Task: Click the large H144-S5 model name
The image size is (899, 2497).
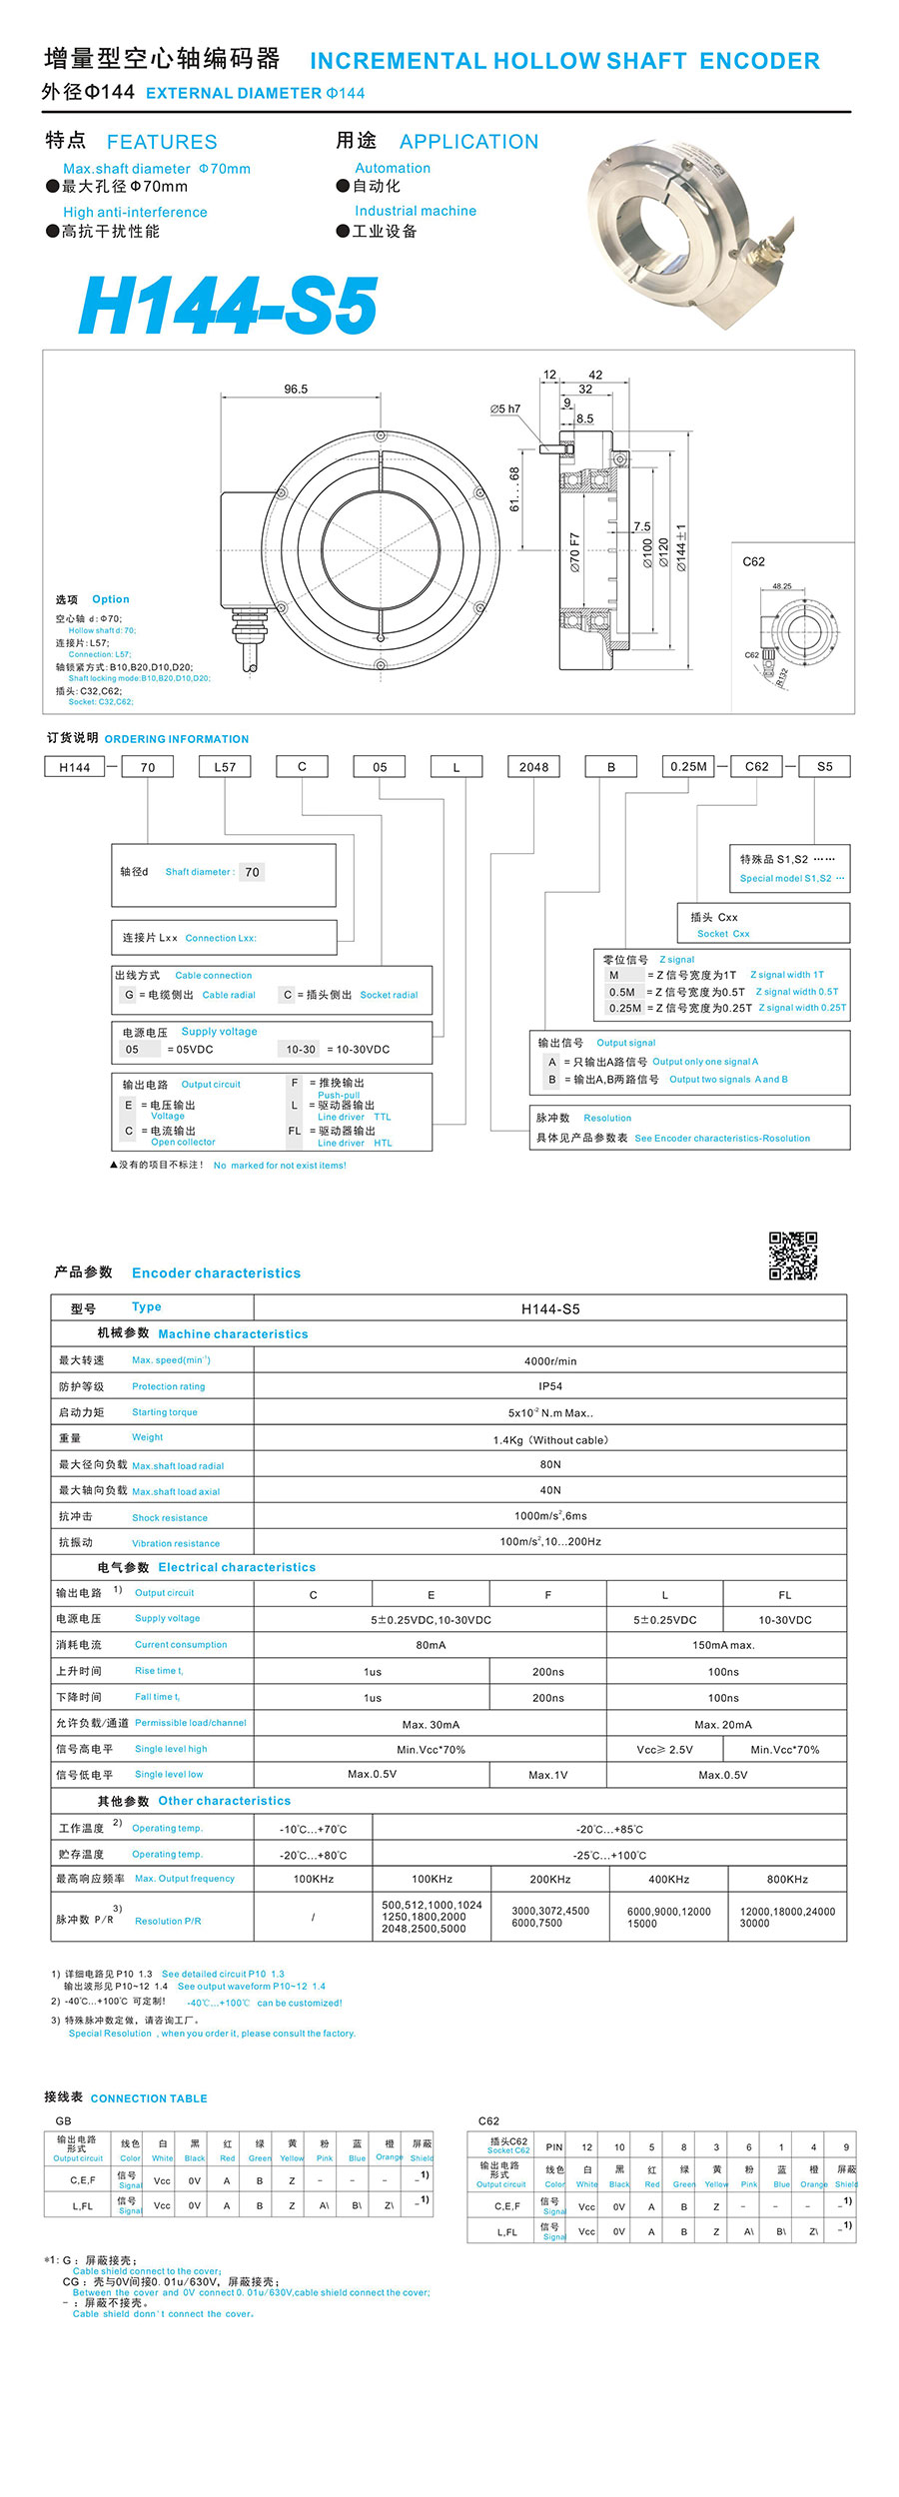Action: coord(228,306)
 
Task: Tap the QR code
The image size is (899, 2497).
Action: coord(793,1255)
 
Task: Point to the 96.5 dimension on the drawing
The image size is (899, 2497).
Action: coord(296,389)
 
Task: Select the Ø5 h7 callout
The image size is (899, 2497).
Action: coord(505,409)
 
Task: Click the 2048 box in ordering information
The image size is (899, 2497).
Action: coord(533,767)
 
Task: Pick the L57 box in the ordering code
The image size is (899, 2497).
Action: coord(225,767)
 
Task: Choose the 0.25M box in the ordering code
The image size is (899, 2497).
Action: coord(688,767)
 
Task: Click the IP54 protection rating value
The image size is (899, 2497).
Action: coord(550,1386)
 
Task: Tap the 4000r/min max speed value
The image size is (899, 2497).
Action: coord(550,1360)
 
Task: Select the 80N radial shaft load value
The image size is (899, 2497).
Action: coord(550,1464)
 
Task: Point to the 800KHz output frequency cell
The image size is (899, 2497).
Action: coord(787,1879)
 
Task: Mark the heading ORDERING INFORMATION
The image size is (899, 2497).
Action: coord(177,739)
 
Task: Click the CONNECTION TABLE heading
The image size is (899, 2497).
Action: coord(149,2098)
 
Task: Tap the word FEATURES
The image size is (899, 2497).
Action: coord(162,142)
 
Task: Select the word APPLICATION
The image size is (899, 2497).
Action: coord(468,142)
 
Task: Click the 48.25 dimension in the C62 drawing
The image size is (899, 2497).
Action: coord(781,586)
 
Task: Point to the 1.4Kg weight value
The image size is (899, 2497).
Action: coord(550,1439)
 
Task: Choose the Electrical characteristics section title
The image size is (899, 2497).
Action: coord(237,1567)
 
